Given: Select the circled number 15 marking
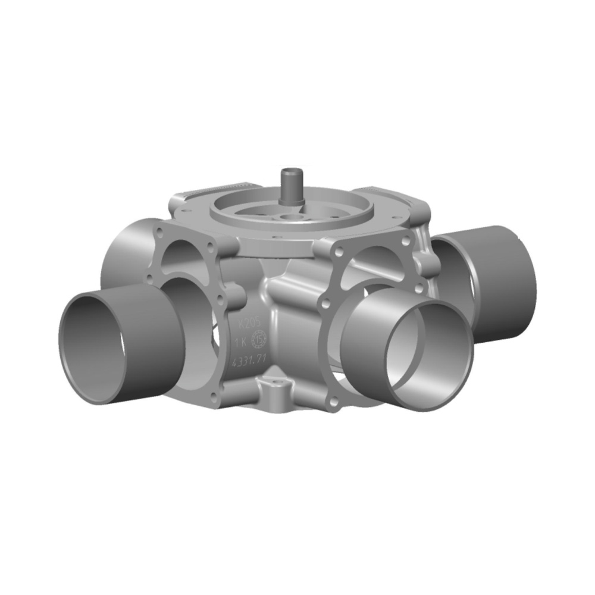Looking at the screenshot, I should (x=260, y=341).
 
